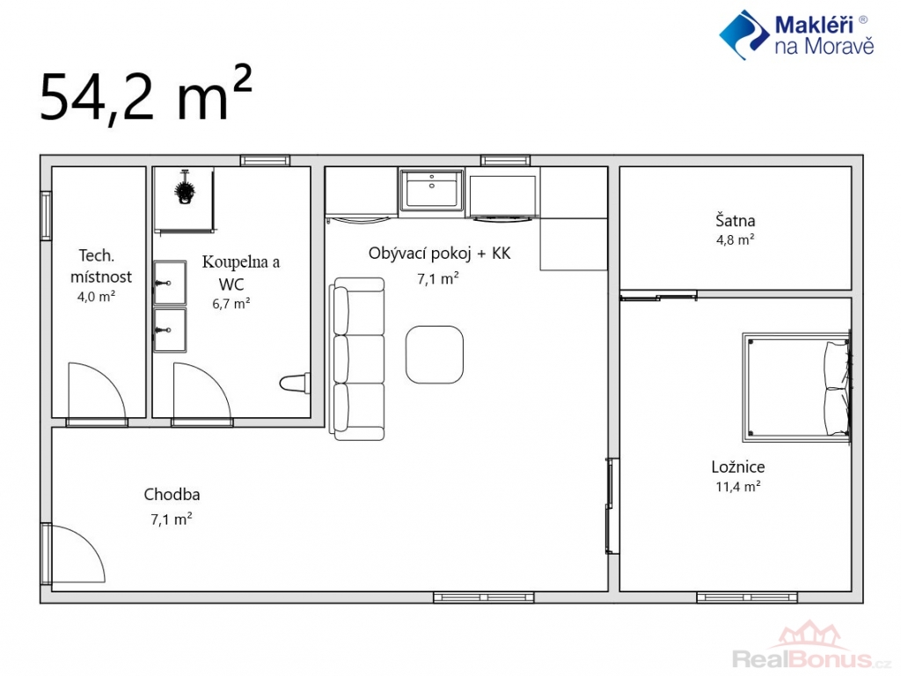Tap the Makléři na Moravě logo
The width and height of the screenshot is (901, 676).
click(796, 34)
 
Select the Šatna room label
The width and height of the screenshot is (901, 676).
click(735, 220)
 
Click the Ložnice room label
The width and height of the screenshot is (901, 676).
click(738, 467)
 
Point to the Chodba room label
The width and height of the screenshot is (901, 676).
click(172, 495)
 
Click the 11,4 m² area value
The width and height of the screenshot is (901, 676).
click(738, 486)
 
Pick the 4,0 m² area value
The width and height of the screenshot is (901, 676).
click(96, 297)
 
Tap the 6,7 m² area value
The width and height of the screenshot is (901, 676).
click(231, 304)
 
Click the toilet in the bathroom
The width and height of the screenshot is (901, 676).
click(295, 383)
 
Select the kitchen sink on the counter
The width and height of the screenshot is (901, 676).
click(432, 190)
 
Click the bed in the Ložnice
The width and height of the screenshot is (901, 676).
click(796, 387)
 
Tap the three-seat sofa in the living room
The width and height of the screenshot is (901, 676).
click(357, 359)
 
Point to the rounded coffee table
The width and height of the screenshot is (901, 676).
click(435, 355)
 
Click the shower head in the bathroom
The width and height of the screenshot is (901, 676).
click(185, 187)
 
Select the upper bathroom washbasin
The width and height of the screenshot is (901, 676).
click(170, 283)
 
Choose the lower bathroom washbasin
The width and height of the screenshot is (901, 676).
click(170, 330)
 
